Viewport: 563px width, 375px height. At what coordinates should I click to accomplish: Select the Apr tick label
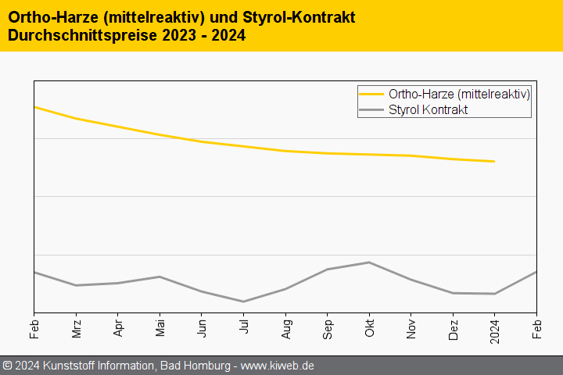pos(118,327)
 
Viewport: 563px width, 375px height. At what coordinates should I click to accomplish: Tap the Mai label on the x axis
pos(160,327)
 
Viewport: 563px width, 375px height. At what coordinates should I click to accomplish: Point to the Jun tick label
pos(202,327)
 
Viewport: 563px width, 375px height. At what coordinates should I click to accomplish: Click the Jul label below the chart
pos(244,327)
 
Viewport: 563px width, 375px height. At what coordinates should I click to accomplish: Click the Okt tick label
pos(369,327)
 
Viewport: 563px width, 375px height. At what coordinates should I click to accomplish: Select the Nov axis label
pos(411,327)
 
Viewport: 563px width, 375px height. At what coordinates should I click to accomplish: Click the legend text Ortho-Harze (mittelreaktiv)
pos(459,94)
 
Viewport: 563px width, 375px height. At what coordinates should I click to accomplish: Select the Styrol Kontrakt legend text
pos(428,109)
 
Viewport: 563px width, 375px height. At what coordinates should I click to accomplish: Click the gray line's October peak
pos(369,262)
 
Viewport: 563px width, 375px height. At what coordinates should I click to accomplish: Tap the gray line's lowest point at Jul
pos(244,302)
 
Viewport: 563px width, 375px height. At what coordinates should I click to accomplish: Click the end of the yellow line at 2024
pos(494,162)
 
